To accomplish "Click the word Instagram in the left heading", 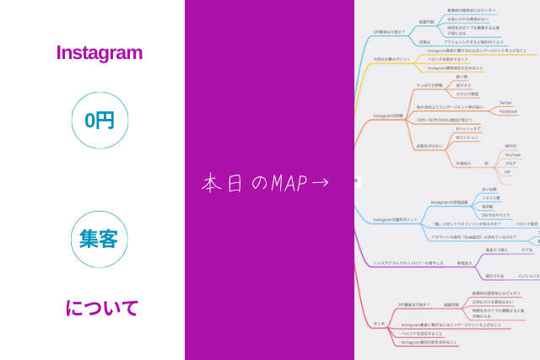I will point(99,52).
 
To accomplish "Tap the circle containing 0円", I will point(100,121).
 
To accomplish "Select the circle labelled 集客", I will point(99,239).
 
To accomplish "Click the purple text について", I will point(101,308).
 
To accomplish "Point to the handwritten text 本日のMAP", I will point(249,182).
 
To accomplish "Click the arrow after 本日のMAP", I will point(320,182).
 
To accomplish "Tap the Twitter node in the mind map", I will point(505,102).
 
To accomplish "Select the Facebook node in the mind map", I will point(508,111).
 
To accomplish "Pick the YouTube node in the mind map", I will point(512,154).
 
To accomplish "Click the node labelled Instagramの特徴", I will point(388,116).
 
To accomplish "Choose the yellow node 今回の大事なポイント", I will point(391,59).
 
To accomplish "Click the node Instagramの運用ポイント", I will point(396,219).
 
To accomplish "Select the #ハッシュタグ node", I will point(467,128).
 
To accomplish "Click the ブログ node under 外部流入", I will point(510,163).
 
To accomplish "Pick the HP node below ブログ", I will point(508,172).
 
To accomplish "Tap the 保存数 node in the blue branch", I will point(487,206).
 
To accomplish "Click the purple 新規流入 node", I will point(465,262).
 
